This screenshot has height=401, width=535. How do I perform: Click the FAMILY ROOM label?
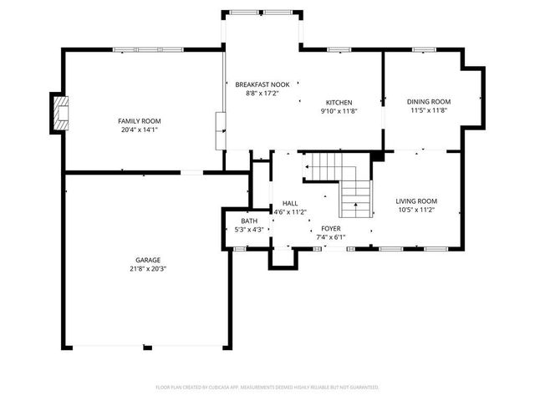click(x=139, y=121)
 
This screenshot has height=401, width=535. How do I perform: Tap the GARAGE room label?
click(x=148, y=260)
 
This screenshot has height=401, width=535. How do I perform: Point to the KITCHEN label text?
click(x=339, y=102)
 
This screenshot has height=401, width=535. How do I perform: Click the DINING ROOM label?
click(x=429, y=101)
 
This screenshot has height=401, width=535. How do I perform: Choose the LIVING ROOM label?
click(x=416, y=200)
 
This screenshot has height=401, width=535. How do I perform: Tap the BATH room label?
click(x=249, y=221)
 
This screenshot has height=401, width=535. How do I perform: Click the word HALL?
click(x=290, y=203)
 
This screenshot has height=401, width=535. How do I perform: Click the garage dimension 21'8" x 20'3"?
click(x=148, y=268)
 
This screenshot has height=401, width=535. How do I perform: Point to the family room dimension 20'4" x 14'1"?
click(x=139, y=129)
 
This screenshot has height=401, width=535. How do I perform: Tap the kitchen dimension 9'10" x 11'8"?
click(x=339, y=110)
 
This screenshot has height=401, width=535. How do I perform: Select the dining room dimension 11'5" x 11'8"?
click(x=429, y=109)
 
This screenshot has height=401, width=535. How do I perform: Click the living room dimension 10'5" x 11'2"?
click(x=416, y=209)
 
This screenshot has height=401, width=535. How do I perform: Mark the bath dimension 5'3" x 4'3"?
click(x=249, y=229)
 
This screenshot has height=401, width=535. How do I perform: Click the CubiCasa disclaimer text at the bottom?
click(x=267, y=387)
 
